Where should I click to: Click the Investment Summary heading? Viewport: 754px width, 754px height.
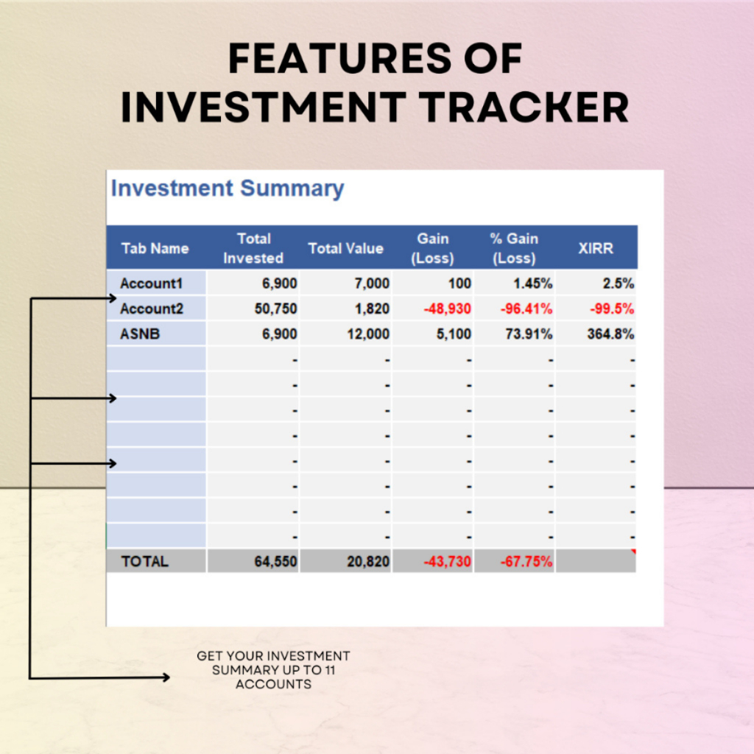click(228, 188)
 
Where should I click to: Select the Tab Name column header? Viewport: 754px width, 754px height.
click(155, 249)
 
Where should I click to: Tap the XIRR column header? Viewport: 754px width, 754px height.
click(595, 249)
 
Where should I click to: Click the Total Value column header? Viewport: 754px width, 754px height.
click(346, 249)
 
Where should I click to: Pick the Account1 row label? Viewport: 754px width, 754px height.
click(152, 283)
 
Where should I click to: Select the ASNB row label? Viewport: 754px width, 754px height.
click(140, 334)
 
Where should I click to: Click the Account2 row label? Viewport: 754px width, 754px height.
click(152, 309)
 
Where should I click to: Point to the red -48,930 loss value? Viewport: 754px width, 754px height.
click(447, 309)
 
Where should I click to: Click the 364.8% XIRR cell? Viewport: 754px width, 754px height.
click(610, 334)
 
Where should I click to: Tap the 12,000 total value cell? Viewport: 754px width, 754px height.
click(368, 334)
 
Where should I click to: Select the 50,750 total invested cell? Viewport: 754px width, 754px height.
click(275, 309)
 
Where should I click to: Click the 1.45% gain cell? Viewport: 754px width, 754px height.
click(533, 283)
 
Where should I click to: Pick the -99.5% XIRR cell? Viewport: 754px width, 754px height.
click(612, 309)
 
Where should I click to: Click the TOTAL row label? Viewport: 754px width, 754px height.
click(145, 561)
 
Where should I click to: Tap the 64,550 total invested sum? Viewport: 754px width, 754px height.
click(275, 561)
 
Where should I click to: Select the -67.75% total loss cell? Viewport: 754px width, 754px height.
click(526, 561)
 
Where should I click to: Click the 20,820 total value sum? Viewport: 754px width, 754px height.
click(368, 561)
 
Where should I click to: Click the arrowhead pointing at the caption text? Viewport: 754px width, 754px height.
click(166, 677)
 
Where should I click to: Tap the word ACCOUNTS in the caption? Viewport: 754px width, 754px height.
click(274, 684)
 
